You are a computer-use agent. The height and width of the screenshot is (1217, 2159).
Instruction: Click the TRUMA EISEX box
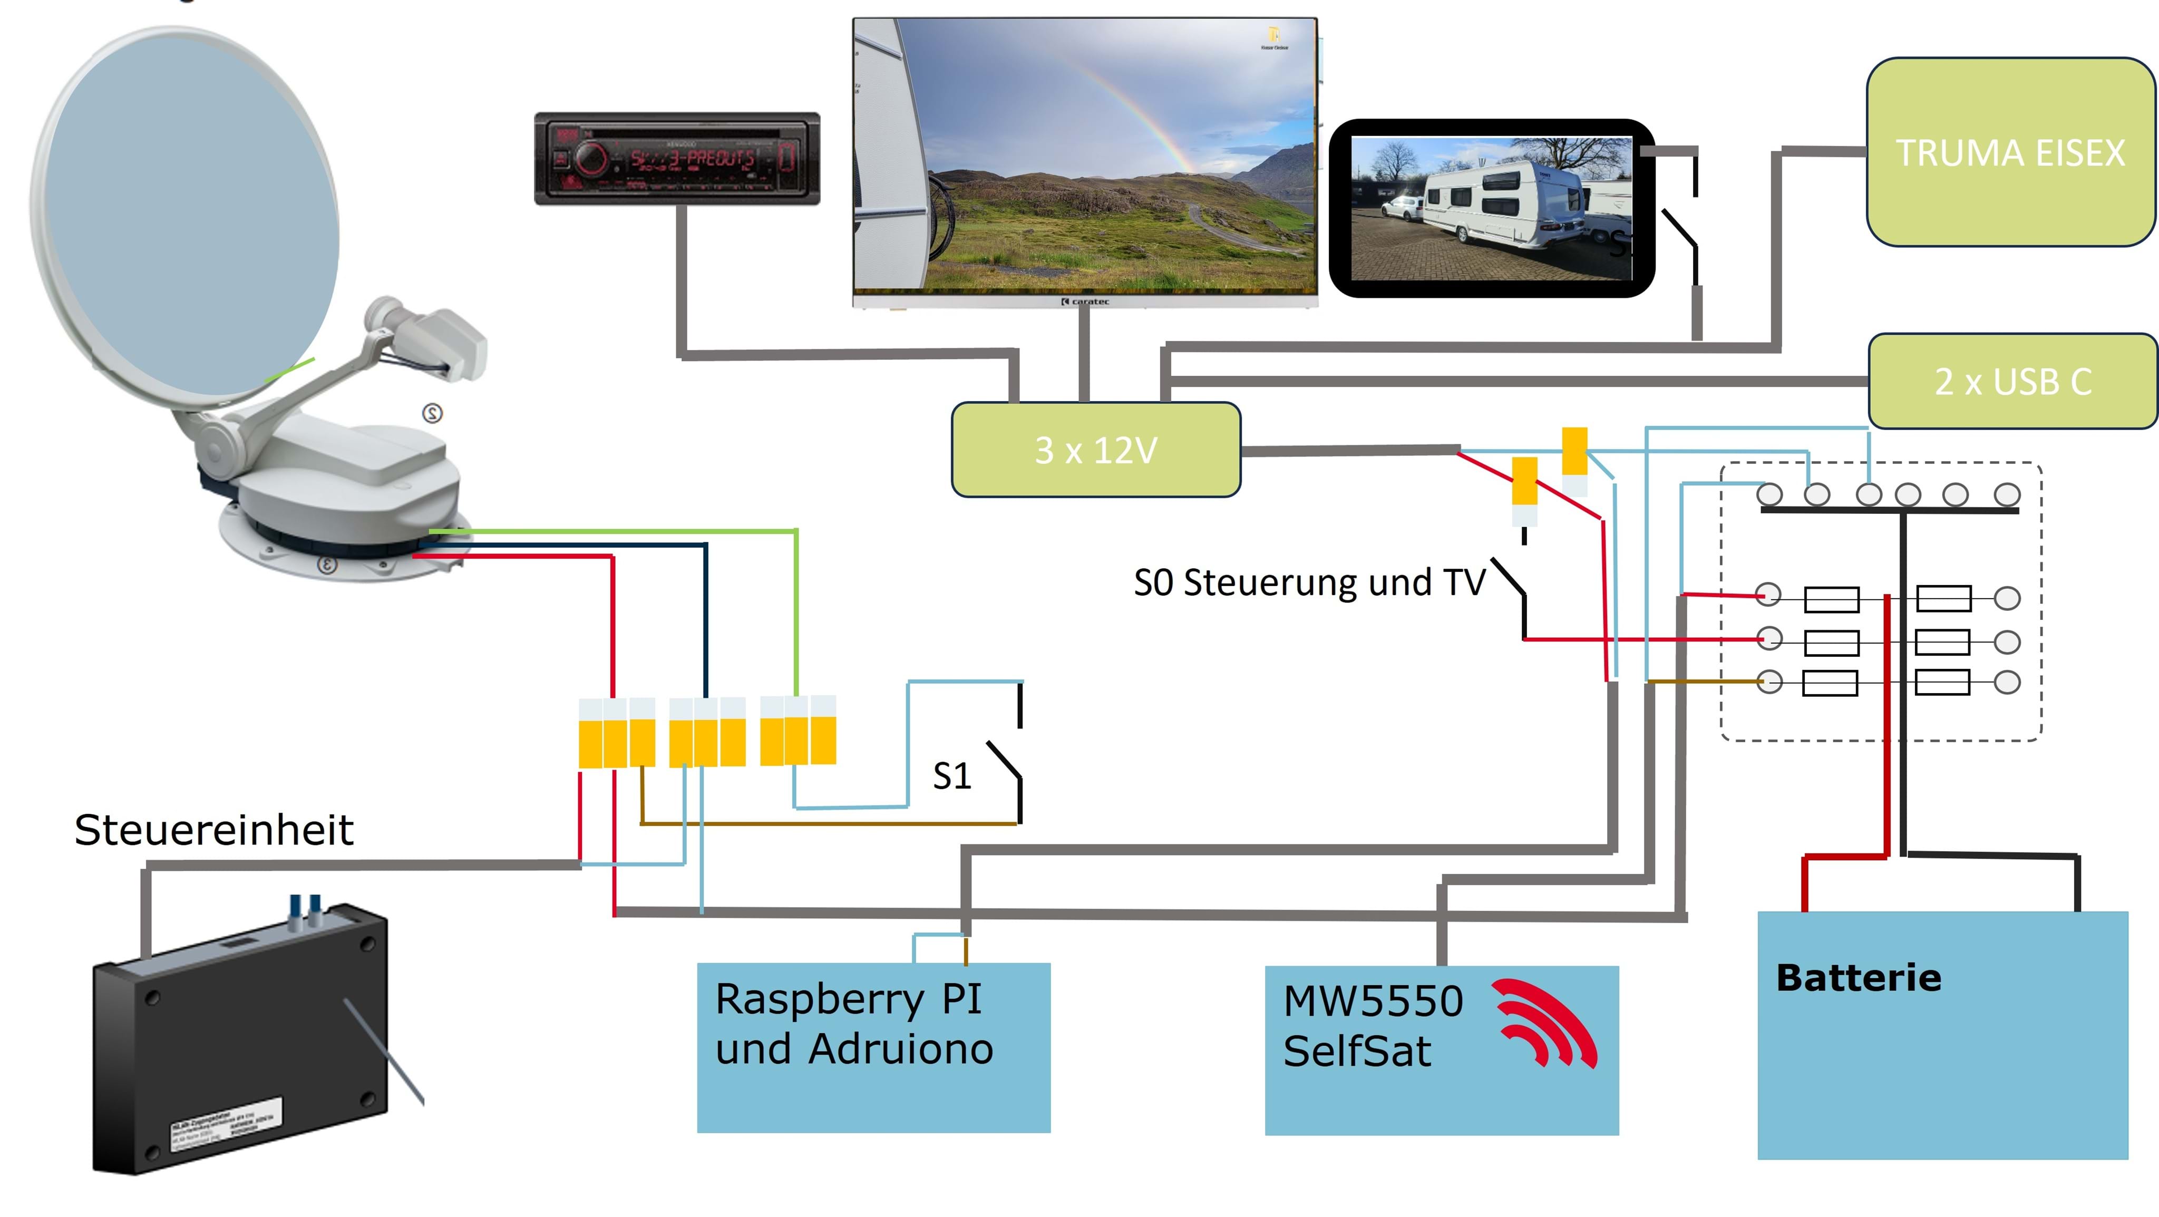[x=2010, y=152]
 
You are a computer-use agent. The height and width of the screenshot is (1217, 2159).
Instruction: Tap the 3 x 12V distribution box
[x=1095, y=450]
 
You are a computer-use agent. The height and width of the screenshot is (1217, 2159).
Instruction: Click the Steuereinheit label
[x=213, y=830]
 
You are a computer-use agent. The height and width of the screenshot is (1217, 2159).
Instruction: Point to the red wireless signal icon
[x=1547, y=1023]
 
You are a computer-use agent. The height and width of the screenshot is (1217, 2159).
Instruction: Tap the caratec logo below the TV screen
[x=1085, y=301]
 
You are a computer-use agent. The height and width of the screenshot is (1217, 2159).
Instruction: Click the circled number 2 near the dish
[x=432, y=413]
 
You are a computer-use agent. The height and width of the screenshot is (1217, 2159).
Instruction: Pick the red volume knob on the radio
[x=591, y=159]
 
